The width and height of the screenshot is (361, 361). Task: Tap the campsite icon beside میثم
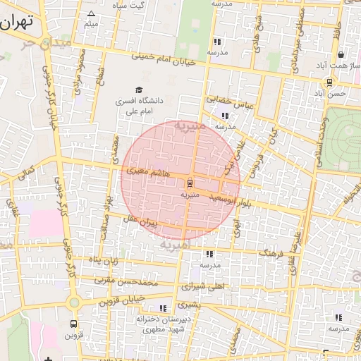pos(90,13)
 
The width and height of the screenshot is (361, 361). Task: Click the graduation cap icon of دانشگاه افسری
pos(139,90)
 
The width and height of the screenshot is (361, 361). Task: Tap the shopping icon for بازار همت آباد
pos(341,54)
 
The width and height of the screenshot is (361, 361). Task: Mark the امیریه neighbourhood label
pos(176,245)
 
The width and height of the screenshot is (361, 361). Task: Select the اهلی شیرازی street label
pos(202,287)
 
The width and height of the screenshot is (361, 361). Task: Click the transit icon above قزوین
pos(73,324)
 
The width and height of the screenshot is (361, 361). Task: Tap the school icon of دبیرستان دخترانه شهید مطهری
pos(164,308)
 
